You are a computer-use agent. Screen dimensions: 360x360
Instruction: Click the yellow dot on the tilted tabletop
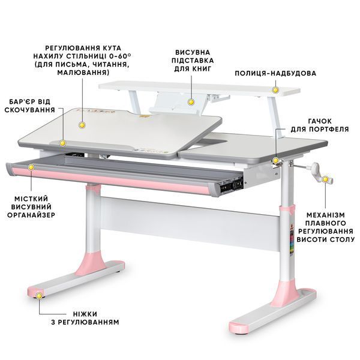tap(82, 125)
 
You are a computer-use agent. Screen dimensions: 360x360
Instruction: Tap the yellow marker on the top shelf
tap(275, 90)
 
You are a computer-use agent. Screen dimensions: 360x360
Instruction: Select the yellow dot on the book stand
tap(191, 102)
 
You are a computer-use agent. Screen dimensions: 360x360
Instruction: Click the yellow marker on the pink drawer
tap(31, 167)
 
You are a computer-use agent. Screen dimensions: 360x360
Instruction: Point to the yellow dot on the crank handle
tap(325, 179)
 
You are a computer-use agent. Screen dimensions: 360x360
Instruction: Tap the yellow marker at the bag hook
tap(276, 160)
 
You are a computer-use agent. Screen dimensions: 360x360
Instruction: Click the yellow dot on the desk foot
tap(39, 296)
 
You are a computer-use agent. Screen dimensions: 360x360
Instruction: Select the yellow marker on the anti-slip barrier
tap(62, 143)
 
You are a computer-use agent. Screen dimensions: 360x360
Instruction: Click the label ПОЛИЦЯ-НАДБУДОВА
tap(275, 73)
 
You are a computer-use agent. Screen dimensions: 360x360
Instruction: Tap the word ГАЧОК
tap(320, 121)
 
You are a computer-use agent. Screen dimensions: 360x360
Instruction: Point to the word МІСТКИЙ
tap(31, 199)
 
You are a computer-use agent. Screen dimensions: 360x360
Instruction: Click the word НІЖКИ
tap(85, 314)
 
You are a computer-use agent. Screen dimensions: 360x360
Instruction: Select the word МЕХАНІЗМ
tap(326, 215)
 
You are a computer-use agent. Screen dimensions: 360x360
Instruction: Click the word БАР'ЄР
tap(22, 101)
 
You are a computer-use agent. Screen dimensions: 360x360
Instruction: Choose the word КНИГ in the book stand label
tap(202, 68)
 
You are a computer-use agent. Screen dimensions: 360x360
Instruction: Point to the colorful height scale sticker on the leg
tap(292, 242)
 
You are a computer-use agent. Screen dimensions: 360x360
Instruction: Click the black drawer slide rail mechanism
tap(231, 184)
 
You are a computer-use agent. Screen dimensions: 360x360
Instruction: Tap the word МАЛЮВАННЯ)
tap(83, 73)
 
